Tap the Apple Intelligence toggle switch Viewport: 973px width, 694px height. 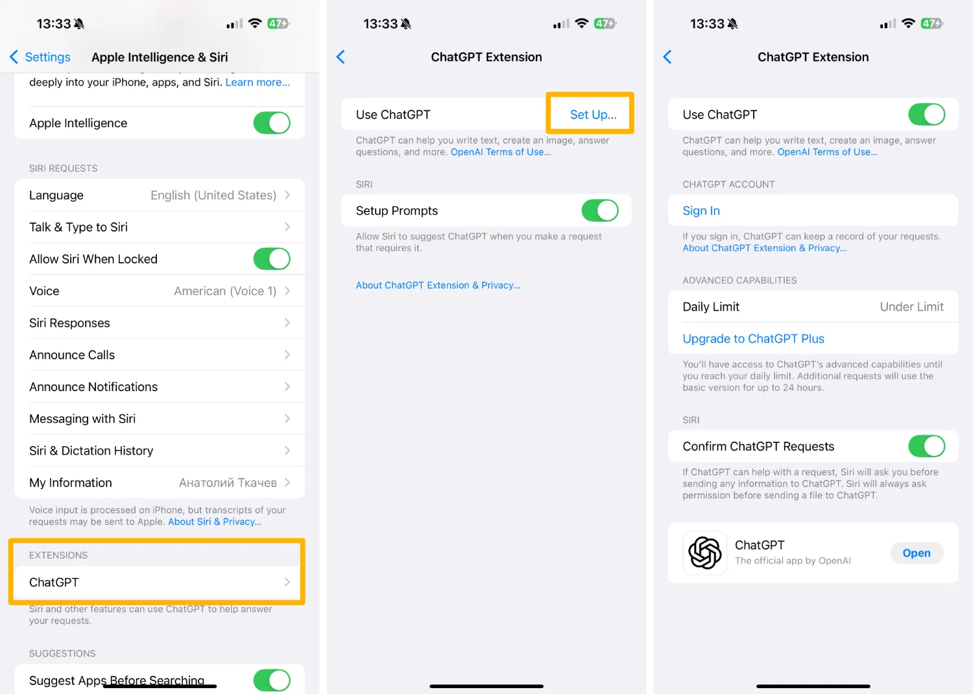coord(272,123)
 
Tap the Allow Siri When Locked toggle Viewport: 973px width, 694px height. coord(272,259)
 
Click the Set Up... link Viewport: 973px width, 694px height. coord(593,115)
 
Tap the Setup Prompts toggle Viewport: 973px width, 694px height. coord(600,211)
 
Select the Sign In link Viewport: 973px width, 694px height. coord(701,211)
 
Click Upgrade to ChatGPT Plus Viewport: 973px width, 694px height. coord(753,339)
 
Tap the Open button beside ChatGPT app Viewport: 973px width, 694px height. coord(917,553)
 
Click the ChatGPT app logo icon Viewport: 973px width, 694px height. coord(704,553)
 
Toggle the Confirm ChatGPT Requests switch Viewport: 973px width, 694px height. coord(926,446)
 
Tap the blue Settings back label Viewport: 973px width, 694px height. coord(47,57)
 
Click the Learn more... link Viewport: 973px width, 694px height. coord(257,82)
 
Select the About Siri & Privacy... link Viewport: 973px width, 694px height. coord(215,521)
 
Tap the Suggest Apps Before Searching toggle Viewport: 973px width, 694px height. coord(272,680)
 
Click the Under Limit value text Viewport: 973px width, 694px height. coord(911,307)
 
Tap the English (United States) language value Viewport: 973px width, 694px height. coord(213,195)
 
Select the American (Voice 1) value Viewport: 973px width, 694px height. coord(225,291)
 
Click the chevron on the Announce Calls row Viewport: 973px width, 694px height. coord(287,355)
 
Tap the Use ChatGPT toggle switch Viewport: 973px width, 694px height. coord(926,115)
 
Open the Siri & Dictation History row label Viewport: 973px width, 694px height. coord(91,451)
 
